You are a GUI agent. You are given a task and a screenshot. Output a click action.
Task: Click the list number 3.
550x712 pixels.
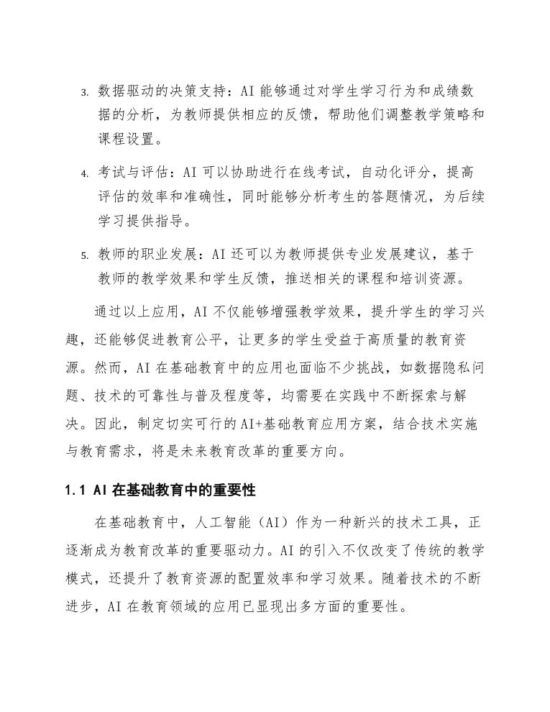pos(83,93)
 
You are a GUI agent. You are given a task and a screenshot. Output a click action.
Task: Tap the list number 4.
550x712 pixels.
pos(83,175)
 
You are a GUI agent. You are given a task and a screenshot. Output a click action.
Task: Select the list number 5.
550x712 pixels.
pos(83,256)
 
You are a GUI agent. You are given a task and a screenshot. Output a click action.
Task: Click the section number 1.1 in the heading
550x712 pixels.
pos(75,491)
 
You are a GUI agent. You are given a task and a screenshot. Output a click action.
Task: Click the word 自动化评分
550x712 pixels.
pos(388,173)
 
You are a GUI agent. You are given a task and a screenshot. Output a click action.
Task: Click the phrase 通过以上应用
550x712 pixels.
pos(137,313)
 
